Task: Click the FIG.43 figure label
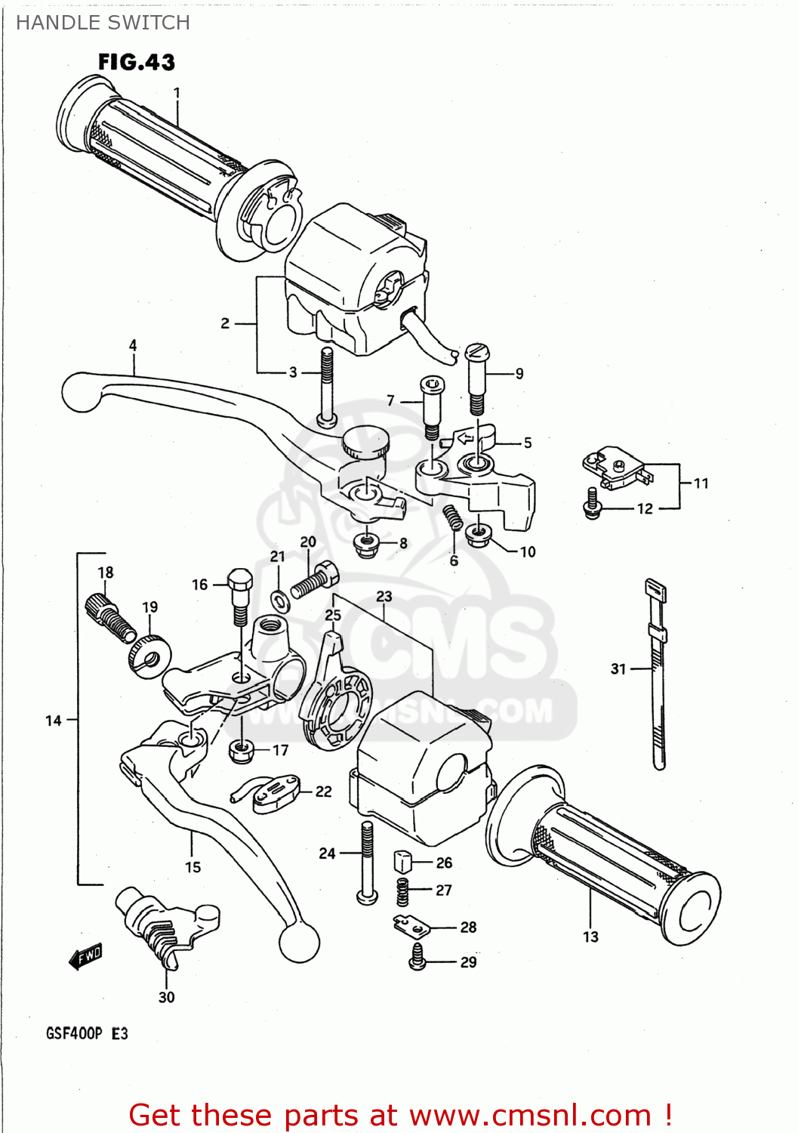[x=137, y=62]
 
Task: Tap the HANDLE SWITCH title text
[x=103, y=23]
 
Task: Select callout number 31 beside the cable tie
[x=618, y=668]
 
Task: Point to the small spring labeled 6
[x=453, y=517]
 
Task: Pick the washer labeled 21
[x=279, y=600]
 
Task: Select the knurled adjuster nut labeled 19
[x=149, y=654]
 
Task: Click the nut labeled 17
[x=241, y=749]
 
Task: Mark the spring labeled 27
[x=403, y=892]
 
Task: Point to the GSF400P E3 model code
[x=87, y=1033]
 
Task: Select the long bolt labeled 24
[x=366, y=861]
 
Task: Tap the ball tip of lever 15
[x=300, y=942]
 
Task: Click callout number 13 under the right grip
[x=590, y=937]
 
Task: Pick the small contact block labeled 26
[x=403, y=860]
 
